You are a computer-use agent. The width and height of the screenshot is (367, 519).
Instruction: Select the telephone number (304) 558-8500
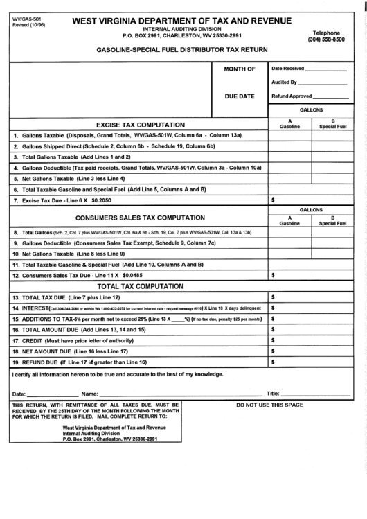326,41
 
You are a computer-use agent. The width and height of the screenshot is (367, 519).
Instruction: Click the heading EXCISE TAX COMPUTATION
140,124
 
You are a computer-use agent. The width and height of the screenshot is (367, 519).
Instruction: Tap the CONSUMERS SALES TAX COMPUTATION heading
140,218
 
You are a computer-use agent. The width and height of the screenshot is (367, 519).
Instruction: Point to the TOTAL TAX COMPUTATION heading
140,285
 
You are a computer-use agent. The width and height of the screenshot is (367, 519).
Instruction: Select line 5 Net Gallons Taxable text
73,178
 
